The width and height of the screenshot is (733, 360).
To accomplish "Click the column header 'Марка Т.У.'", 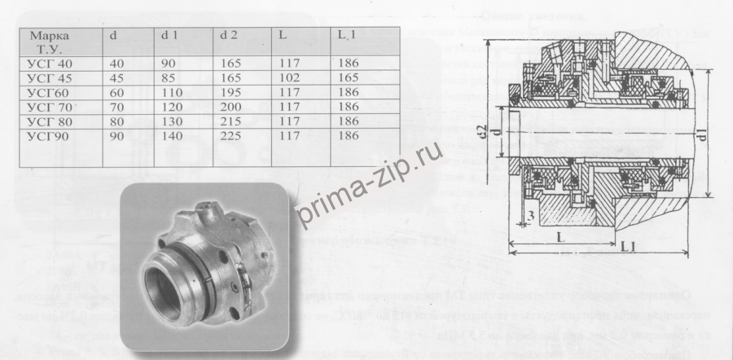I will coord(50,42).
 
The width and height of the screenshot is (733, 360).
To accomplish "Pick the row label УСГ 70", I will coord(50,107).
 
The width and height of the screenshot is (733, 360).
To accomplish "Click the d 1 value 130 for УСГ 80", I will coord(172,120).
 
